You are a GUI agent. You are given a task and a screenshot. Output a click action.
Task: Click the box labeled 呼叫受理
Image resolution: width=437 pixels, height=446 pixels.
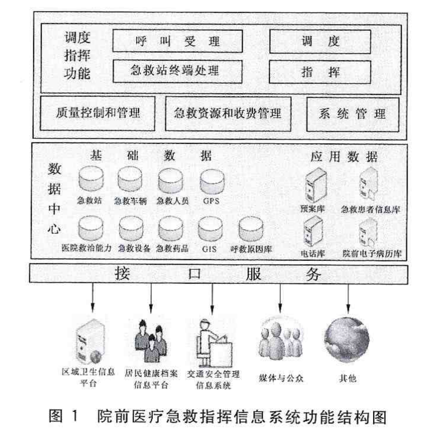177,41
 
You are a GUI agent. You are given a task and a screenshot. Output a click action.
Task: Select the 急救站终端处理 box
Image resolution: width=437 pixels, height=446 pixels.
177,71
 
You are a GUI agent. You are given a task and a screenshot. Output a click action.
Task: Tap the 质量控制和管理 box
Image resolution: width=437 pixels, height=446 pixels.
98,113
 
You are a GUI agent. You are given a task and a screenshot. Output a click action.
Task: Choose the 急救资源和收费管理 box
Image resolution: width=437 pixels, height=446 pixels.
228,114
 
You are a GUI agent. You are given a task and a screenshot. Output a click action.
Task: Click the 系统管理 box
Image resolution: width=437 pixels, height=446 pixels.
352,114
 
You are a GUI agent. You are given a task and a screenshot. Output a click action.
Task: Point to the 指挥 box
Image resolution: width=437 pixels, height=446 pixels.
320,72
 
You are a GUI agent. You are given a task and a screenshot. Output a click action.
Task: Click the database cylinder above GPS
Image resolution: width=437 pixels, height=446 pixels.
212,182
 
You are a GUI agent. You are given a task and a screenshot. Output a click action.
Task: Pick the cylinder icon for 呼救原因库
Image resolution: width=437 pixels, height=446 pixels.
251,229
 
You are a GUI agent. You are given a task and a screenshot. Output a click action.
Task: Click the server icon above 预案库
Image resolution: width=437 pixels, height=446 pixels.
315,185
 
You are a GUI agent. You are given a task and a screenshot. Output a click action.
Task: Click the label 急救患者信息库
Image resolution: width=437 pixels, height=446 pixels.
370,209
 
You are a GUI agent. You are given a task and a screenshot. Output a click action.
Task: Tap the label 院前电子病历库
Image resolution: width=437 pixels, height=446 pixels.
372,253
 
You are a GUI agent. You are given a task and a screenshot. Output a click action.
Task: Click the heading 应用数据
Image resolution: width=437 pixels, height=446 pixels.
344,156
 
